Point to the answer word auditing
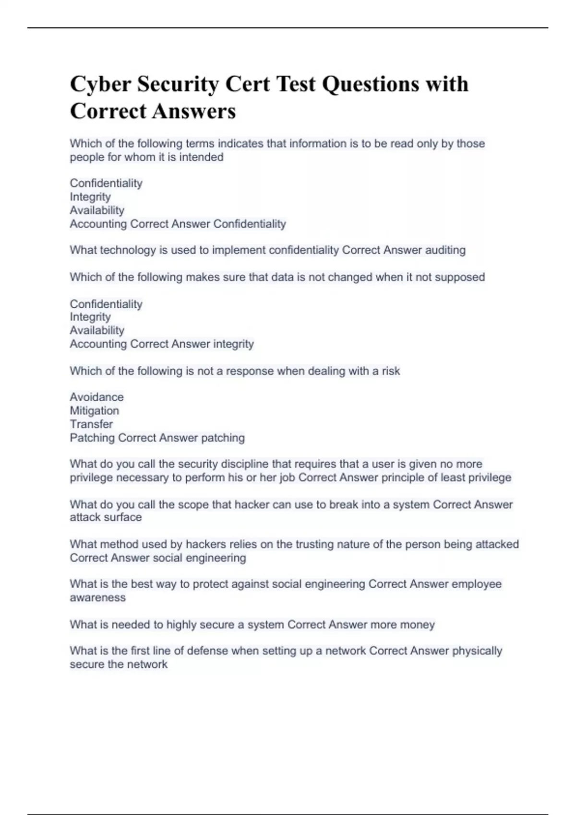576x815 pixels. click(x=445, y=250)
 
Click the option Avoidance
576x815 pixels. click(x=96, y=397)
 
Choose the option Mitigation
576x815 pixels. click(x=94, y=410)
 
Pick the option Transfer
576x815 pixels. click(x=91, y=424)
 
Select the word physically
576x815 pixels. click(x=477, y=651)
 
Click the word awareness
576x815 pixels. click(x=97, y=597)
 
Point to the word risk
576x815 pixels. click(x=391, y=371)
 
